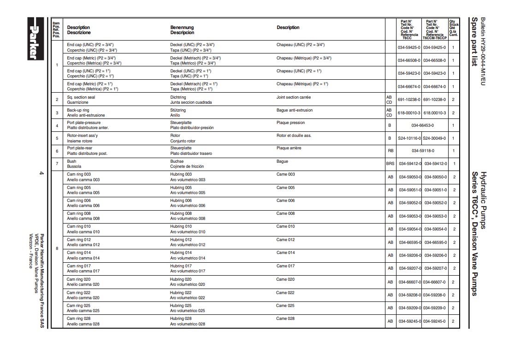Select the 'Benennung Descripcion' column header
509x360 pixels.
(x=182, y=30)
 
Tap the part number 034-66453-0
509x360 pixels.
(x=422, y=125)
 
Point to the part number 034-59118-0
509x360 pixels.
(x=422, y=151)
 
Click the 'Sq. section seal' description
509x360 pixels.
(x=81, y=97)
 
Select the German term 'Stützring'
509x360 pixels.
(x=178, y=110)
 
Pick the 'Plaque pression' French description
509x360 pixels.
(x=290, y=123)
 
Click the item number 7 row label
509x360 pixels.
(x=57, y=164)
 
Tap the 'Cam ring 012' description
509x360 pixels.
(x=79, y=240)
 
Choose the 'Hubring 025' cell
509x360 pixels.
(x=181, y=306)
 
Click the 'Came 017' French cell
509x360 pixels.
(x=285, y=266)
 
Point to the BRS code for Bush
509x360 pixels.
(x=390, y=164)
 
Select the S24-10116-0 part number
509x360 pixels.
(x=409, y=138)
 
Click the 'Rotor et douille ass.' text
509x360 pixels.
(x=294, y=136)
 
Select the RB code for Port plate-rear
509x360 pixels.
(x=390, y=151)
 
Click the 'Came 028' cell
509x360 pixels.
(x=285, y=319)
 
